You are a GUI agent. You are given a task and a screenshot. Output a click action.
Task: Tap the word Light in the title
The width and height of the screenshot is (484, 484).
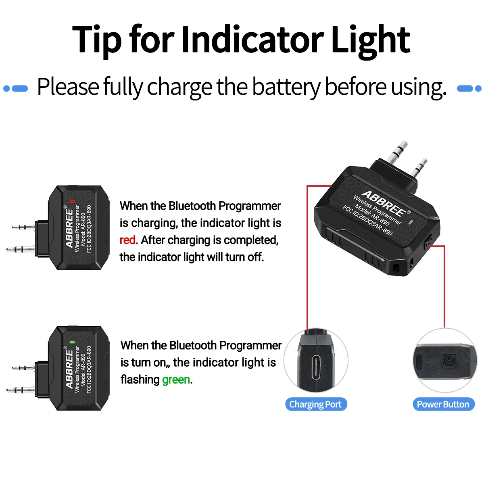(x=370, y=40)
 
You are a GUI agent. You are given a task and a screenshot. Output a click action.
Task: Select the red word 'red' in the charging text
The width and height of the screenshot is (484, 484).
(x=127, y=240)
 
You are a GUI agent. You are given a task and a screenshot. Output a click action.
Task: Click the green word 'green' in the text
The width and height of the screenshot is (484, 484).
(x=176, y=380)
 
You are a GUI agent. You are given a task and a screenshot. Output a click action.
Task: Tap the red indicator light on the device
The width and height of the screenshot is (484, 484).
(x=72, y=201)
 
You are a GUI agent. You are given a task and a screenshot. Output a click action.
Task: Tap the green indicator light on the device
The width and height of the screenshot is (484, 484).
(x=72, y=342)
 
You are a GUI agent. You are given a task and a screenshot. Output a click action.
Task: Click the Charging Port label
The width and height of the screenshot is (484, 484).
(x=315, y=404)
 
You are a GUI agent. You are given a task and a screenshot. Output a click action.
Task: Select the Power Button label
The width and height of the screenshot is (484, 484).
(x=443, y=404)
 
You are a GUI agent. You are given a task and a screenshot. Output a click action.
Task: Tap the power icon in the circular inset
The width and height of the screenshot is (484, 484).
(x=449, y=360)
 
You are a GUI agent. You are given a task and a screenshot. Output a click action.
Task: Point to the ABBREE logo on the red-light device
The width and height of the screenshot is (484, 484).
(x=69, y=227)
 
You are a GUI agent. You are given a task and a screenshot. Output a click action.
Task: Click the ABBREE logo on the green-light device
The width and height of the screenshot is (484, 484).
(x=69, y=369)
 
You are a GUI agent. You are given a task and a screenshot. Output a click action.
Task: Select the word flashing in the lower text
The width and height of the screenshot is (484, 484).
(x=140, y=380)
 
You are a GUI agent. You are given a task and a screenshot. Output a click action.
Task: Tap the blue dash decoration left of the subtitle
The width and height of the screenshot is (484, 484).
(x=16, y=88)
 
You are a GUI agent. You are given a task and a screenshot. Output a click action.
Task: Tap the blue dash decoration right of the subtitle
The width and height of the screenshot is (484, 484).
(x=469, y=88)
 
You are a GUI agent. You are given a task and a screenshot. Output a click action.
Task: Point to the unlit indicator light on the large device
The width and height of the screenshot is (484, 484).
(x=411, y=222)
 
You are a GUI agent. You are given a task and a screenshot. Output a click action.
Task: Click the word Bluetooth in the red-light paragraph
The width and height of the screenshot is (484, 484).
(x=192, y=206)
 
